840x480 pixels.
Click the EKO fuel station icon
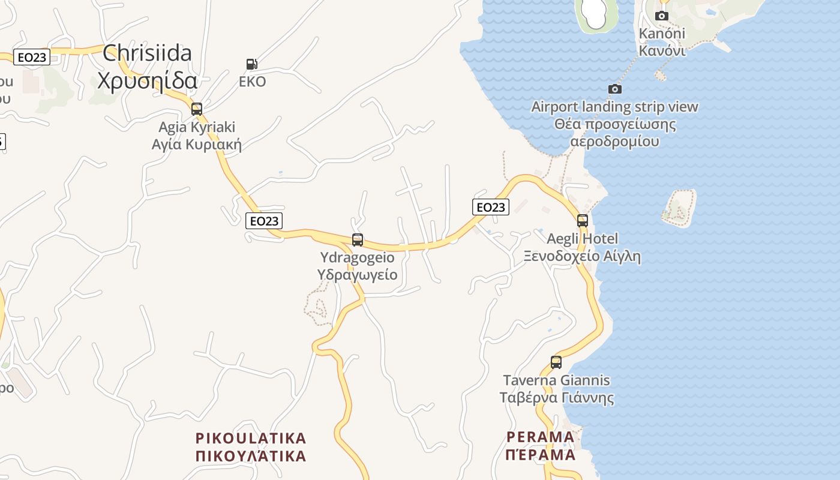(252, 64)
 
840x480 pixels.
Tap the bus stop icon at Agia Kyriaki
(196, 109)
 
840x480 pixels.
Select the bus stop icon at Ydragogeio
(358, 240)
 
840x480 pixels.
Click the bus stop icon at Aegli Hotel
(582, 220)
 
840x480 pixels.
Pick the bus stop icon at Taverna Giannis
(556, 362)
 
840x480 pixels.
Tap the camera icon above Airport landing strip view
(615, 89)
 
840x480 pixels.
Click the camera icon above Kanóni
(662, 16)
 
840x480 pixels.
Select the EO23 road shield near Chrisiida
(32, 57)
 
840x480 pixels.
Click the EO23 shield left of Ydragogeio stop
(264, 221)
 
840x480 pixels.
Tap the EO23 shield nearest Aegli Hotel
(491, 207)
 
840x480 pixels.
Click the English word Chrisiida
(147, 53)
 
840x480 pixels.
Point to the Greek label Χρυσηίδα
(147, 80)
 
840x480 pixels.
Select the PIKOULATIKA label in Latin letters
(251, 438)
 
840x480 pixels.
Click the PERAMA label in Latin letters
(540, 436)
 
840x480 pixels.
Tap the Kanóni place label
(662, 33)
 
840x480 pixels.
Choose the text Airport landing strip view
(614, 107)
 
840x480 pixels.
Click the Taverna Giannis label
(556, 380)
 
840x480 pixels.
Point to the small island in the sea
(679, 208)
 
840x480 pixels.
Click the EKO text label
(252, 82)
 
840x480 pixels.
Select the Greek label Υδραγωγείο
(358, 275)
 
